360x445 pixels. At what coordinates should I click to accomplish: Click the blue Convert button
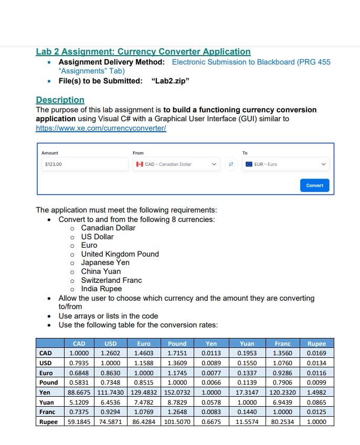tap(314, 185)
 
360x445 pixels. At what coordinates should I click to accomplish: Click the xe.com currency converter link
tap(101, 128)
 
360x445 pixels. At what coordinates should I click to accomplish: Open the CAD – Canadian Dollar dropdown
tap(176, 164)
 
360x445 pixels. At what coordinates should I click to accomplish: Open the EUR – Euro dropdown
tap(286, 164)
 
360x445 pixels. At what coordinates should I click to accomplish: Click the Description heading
tap(60, 100)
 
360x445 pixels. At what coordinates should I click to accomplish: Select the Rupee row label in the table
tap(48, 421)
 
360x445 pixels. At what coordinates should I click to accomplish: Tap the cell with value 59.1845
tap(79, 421)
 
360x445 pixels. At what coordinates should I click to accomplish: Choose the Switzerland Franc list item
tap(111, 280)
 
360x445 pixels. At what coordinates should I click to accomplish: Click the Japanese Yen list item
tap(105, 262)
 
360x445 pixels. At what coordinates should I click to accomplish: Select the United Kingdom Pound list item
tap(120, 254)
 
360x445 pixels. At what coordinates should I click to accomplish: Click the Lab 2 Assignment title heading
tap(143, 51)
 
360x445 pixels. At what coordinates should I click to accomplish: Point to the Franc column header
tap(282, 344)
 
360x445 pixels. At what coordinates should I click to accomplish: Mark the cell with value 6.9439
tap(282, 402)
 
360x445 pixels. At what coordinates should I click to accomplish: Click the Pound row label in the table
tap(48, 383)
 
